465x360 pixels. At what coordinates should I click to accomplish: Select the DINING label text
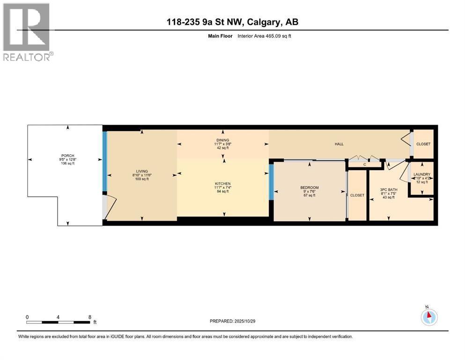[x=222, y=140]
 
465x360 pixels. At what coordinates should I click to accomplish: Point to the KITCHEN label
[x=222, y=184]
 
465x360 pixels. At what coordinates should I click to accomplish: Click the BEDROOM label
[x=309, y=188]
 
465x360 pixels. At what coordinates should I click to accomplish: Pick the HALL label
[x=339, y=144]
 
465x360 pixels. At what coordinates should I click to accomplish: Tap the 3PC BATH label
[x=389, y=190]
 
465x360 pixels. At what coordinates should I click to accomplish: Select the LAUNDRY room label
[x=421, y=174]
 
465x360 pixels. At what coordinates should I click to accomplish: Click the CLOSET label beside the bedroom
[x=357, y=195]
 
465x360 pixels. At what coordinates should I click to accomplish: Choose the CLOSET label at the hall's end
[x=423, y=144]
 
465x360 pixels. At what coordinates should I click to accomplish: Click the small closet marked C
[x=364, y=165]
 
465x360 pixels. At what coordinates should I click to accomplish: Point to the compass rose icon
[x=428, y=317]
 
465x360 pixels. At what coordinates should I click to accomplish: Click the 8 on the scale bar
[x=89, y=317]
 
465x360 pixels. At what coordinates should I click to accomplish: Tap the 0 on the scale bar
[x=27, y=317]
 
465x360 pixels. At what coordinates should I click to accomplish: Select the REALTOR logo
[x=27, y=32]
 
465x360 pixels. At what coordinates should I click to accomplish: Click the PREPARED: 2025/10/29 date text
[x=232, y=321]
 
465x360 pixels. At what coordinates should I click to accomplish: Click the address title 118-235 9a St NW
[x=232, y=22]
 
